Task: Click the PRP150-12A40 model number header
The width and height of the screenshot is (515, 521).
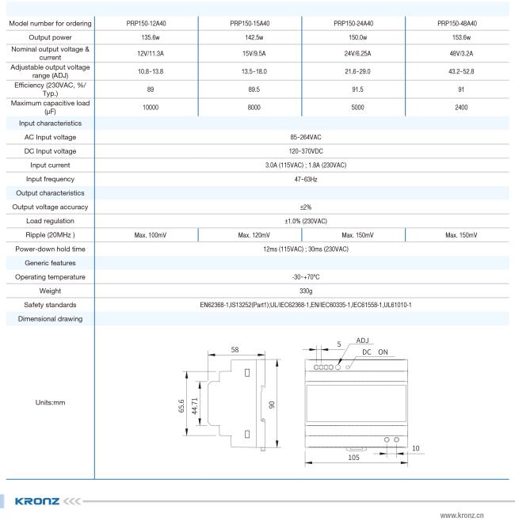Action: (146, 23)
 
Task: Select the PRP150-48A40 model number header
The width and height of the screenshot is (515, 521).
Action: (457, 23)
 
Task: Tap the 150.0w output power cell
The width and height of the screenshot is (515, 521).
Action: (353, 37)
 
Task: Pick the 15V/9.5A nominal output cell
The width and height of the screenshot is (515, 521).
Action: (250, 54)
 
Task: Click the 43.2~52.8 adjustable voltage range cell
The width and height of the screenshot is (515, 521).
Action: (457, 72)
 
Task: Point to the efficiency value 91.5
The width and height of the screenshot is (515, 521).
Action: (353, 89)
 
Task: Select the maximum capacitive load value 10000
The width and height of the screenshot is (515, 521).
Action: (146, 108)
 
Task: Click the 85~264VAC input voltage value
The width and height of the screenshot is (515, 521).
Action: (303, 137)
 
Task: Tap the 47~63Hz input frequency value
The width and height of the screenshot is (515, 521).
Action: (303, 179)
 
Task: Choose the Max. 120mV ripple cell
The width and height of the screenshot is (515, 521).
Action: (250, 235)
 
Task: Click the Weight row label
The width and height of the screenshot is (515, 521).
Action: (50, 291)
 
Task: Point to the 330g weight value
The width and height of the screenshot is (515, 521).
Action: (303, 291)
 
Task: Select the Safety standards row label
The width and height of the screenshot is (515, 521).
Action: (50, 305)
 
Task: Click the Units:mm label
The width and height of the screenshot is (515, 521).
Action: (50, 402)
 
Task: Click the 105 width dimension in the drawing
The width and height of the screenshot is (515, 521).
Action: (354, 457)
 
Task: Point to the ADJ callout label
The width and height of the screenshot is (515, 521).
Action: (362, 340)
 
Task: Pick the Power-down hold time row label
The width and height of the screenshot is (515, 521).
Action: (50, 249)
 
